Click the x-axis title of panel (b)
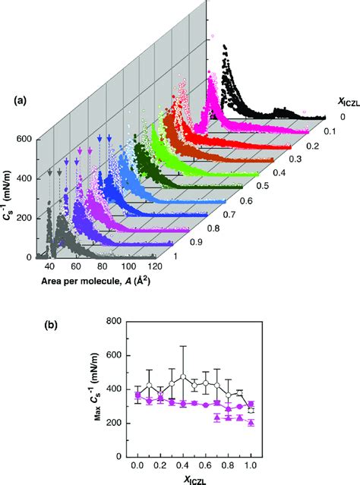(193, 477)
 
